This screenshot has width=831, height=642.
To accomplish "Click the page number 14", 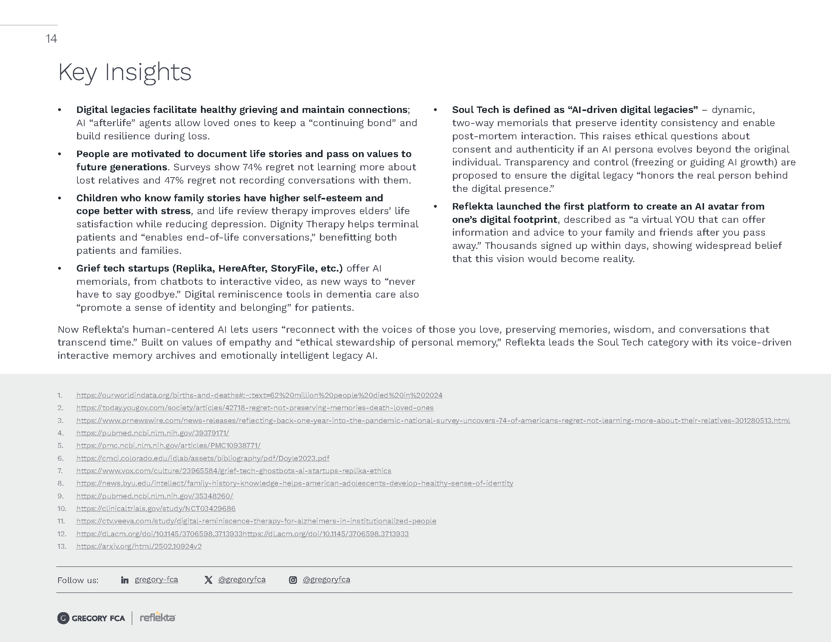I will point(51,39).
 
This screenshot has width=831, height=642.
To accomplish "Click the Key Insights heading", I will point(124,72).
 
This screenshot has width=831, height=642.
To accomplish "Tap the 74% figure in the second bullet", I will point(252,167).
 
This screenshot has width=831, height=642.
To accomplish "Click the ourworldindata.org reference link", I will point(259,395).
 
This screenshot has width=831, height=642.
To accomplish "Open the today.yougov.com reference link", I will point(255,408).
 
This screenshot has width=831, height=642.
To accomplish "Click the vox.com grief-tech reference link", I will point(233,471).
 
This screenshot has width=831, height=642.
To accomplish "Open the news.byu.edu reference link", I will point(295,483).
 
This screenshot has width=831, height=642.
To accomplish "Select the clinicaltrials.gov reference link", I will point(156,509).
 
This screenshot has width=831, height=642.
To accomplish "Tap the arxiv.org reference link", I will point(139,546).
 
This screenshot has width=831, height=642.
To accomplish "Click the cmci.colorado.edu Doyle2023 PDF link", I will point(203,458).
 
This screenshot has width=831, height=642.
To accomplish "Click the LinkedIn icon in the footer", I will point(124,580).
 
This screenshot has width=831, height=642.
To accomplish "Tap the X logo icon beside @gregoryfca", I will point(208,580).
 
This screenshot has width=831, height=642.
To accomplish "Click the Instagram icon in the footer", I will point(293,580).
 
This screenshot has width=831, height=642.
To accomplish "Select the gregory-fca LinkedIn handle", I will point(156,580).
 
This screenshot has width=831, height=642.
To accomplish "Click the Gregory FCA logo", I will point(91,619).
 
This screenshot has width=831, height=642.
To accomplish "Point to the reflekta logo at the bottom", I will point(158,618).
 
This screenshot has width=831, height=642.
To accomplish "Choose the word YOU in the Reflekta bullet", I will point(684,220).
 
